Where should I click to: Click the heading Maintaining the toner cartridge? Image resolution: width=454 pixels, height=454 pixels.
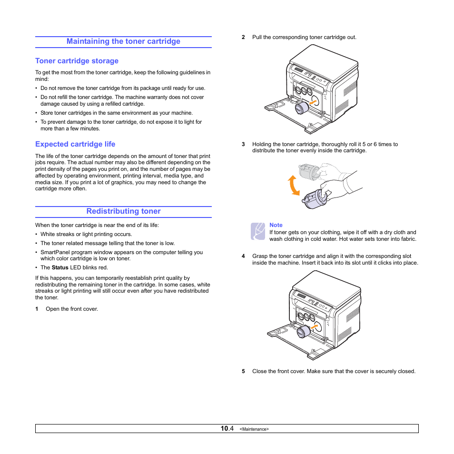coord(123,41)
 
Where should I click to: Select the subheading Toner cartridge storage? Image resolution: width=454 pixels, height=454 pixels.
coord(77,61)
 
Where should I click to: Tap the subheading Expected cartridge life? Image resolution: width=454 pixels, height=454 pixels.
coord(75,144)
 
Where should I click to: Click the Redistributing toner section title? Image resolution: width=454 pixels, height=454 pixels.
coord(123,211)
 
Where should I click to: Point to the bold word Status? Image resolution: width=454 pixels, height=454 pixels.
coord(60,267)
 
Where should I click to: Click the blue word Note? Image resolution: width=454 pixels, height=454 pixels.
coord(276,225)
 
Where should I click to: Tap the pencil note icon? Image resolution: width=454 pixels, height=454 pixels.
coord(257,231)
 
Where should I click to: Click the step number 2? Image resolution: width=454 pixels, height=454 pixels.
coord(243,37)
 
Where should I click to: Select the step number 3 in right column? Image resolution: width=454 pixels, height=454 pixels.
coord(243,144)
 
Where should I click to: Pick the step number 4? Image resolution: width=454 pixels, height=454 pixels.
coord(243,256)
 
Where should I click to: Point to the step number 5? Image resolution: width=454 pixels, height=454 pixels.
coord(243,371)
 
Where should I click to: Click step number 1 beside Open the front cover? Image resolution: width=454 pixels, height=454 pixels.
coord(37,309)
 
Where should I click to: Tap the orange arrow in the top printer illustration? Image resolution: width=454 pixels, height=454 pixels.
coord(312,102)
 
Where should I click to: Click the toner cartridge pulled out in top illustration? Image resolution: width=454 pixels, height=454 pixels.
coord(301,108)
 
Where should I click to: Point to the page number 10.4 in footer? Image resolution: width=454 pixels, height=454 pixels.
coord(227,429)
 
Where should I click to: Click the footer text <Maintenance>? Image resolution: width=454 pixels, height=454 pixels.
coord(254,429)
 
